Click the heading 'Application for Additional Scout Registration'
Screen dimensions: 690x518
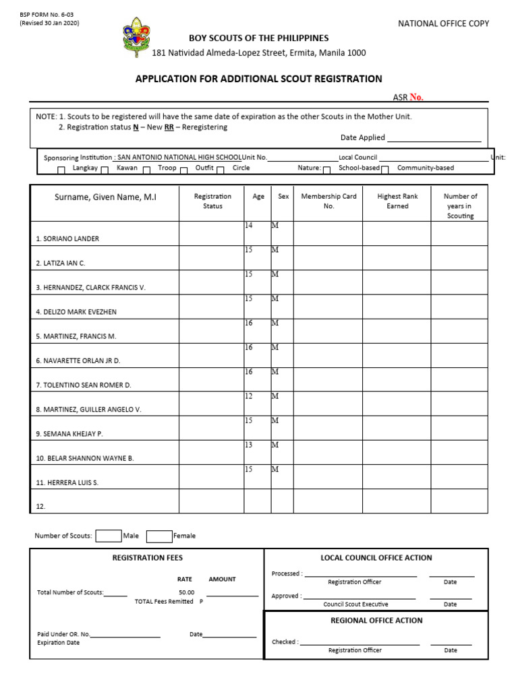259,79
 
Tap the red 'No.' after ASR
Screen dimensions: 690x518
416,97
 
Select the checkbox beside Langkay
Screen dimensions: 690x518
61,170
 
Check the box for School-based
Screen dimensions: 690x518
385,170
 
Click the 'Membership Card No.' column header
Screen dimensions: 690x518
328,201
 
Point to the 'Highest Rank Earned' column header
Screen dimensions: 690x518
397,201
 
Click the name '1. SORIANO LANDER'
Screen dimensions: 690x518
67,239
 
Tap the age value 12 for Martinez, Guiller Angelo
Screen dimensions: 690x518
249,396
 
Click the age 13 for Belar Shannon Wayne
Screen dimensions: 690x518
249,445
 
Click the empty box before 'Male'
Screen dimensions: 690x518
108,536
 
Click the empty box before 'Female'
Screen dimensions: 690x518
159,536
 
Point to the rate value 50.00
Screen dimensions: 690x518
186,592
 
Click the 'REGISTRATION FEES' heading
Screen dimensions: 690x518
147,558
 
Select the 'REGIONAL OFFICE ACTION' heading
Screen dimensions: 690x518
376,621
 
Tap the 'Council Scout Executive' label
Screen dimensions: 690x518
354,604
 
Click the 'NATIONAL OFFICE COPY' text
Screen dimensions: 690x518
443,24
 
